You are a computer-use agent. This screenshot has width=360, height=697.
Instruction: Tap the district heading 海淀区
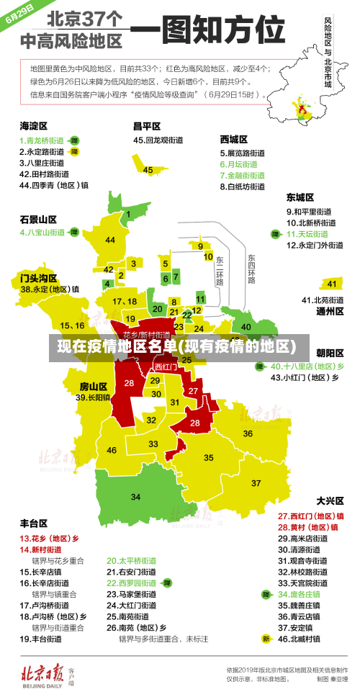pos(34,125)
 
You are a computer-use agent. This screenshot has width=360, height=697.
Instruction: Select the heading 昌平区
pos(146,125)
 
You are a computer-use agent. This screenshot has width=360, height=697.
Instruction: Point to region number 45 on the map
pos(148,170)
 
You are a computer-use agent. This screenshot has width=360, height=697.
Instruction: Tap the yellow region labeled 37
pos(256,482)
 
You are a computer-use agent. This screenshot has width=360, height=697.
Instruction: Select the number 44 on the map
pos(110,240)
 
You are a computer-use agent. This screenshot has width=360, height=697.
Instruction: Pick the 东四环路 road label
pos(251,266)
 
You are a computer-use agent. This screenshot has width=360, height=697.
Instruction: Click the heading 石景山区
pos(38,219)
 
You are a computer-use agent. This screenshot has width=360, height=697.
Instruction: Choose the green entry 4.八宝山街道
pos(42,233)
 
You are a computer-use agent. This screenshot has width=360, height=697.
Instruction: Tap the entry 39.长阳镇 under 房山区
pos(93,397)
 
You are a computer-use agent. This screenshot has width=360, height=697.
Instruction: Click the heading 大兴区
pos(330,500)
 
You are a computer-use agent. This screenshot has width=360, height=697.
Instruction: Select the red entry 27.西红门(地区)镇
pos(310,516)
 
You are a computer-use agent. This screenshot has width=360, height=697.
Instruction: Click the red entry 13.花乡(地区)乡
pos(49,538)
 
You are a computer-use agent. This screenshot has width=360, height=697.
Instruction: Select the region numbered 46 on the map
pos(112,450)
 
